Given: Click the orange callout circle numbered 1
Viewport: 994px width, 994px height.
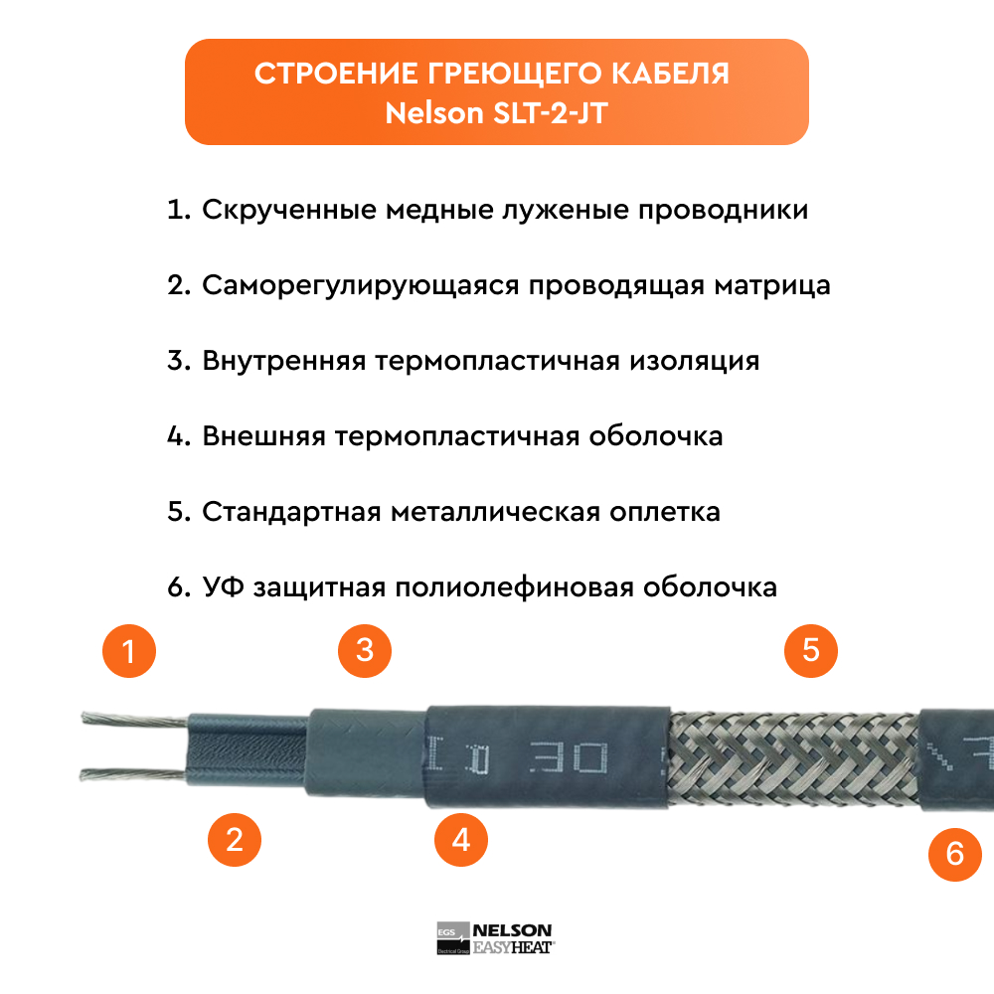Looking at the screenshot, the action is (x=129, y=651).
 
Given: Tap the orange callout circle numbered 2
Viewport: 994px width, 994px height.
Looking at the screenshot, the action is (x=235, y=840).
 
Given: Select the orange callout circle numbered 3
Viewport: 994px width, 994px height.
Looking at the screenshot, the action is (x=365, y=650).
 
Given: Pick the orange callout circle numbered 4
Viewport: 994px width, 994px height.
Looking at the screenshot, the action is (x=461, y=840).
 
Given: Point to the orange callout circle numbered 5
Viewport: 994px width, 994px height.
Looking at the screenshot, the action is (x=811, y=650).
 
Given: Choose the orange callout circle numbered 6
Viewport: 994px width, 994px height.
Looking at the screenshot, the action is (x=955, y=854).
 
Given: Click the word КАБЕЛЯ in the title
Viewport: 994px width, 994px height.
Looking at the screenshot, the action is (x=670, y=75).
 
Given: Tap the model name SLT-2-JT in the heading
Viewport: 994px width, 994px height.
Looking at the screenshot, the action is (x=551, y=113).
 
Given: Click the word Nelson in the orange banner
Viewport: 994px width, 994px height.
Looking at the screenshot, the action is (x=434, y=113).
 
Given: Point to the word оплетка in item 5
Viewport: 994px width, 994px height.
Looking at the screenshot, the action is (x=665, y=512).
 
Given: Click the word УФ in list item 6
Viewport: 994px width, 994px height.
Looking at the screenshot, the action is (x=223, y=587).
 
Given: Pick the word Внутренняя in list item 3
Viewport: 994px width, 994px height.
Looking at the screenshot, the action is (x=284, y=361).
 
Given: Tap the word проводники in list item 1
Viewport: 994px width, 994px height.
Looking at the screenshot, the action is (x=724, y=211).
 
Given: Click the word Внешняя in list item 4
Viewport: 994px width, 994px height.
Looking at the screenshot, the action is (x=263, y=436).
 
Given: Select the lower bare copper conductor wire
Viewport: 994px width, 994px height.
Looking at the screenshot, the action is (x=133, y=774).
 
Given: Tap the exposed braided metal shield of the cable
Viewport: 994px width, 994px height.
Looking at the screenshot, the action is (x=793, y=758).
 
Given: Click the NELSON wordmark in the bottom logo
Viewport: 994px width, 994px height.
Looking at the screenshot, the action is (x=512, y=930).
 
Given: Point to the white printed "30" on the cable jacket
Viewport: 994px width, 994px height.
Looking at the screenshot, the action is (x=569, y=758).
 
